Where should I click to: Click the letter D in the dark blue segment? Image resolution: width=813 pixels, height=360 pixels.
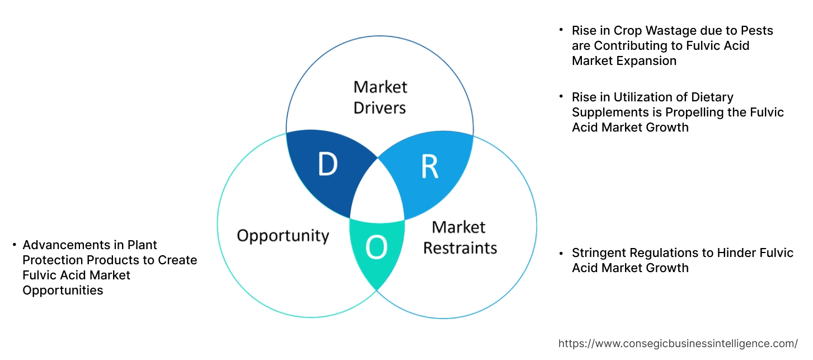[327, 165]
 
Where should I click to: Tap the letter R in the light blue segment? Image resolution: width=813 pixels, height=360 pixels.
[429, 167]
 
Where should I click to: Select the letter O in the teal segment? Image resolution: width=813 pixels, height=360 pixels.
[376, 248]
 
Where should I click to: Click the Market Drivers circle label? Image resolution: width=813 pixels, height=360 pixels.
[380, 97]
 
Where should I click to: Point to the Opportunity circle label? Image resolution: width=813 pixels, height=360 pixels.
[283, 235]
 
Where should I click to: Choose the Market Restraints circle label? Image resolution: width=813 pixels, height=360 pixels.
[459, 237]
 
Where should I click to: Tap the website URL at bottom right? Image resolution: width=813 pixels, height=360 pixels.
[678, 343]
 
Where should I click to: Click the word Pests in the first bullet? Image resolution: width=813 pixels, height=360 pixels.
[755, 30]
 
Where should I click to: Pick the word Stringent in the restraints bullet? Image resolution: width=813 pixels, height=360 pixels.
[598, 253]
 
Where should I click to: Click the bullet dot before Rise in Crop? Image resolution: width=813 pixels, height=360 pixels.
[561, 30]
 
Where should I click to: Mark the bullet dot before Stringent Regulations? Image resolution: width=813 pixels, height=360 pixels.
[561, 253]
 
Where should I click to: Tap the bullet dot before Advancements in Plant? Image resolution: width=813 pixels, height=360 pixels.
[14, 245]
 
